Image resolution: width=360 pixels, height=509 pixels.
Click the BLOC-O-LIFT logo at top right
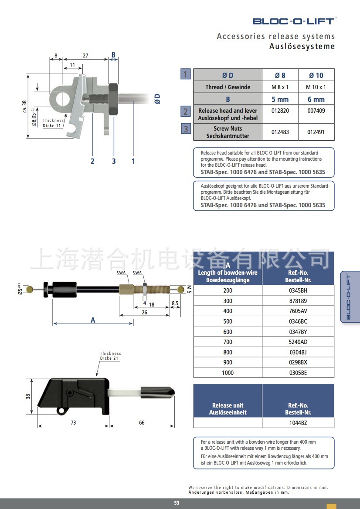pyautogui.click(x=294, y=21)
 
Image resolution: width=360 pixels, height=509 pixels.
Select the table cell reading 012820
pyautogui.click(x=280, y=111)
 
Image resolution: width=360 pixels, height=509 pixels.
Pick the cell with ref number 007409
pyautogui.click(x=316, y=111)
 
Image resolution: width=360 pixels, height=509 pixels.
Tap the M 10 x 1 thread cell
pyautogui.click(x=316, y=87)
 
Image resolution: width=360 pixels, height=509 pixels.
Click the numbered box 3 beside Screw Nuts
pyautogui.click(x=186, y=129)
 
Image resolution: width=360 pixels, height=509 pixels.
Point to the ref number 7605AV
pyautogui.click(x=298, y=311)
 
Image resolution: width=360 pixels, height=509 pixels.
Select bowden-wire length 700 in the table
pyautogui.click(x=228, y=342)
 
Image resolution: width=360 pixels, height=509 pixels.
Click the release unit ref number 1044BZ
pyautogui.click(x=298, y=423)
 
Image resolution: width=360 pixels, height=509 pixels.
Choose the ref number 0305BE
pyautogui.click(x=298, y=373)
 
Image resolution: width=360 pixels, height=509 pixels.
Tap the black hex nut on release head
pyautogui.click(x=113, y=99)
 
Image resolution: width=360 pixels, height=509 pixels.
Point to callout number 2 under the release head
pyautogui.click(x=92, y=161)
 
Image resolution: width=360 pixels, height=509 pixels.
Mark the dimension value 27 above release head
pyautogui.click(x=85, y=55)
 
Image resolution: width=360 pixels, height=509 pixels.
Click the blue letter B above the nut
pyautogui.click(x=113, y=55)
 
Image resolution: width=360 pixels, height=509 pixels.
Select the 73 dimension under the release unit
pyautogui.click(x=73, y=423)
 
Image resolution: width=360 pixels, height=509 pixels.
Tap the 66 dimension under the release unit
pyautogui.click(x=142, y=423)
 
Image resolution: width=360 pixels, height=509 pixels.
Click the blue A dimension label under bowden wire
pyautogui.click(x=93, y=320)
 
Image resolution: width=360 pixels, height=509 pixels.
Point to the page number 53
pyautogui.click(x=177, y=503)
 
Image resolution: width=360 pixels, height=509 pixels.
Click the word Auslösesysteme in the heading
pyautogui.click(x=302, y=47)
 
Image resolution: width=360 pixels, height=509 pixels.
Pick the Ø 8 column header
pyautogui.click(x=280, y=75)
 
